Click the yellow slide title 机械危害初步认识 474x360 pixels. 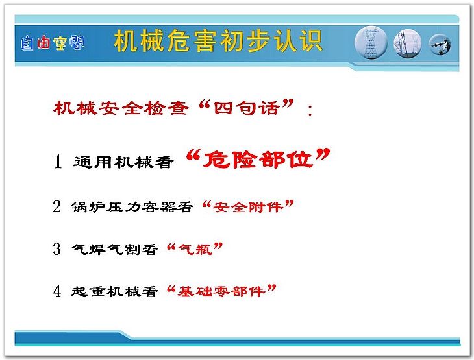click(x=218, y=41)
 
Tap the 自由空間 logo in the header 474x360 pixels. click(x=53, y=43)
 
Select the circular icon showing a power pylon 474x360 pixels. click(x=371, y=43)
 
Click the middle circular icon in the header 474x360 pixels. click(x=408, y=43)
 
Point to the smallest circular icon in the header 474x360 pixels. click(x=440, y=44)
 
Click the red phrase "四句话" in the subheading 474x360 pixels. click(x=246, y=108)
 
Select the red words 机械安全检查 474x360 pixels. click(x=121, y=108)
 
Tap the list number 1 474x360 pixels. click(x=58, y=162)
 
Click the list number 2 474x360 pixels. click(x=57, y=206)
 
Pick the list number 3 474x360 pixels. click(x=57, y=249)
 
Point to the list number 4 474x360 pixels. click(x=57, y=291)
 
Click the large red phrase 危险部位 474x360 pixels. click(x=258, y=158)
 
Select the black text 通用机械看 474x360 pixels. click(x=123, y=162)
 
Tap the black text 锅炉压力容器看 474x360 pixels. click(x=132, y=207)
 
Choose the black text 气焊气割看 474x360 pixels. click(x=114, y=249)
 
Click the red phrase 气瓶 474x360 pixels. click(x=195, y=249)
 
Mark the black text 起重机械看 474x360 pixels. click(x=114, y=291)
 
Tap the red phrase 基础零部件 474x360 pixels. click(x=221, y=291)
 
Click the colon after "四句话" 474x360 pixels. click(x=310, y=110)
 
